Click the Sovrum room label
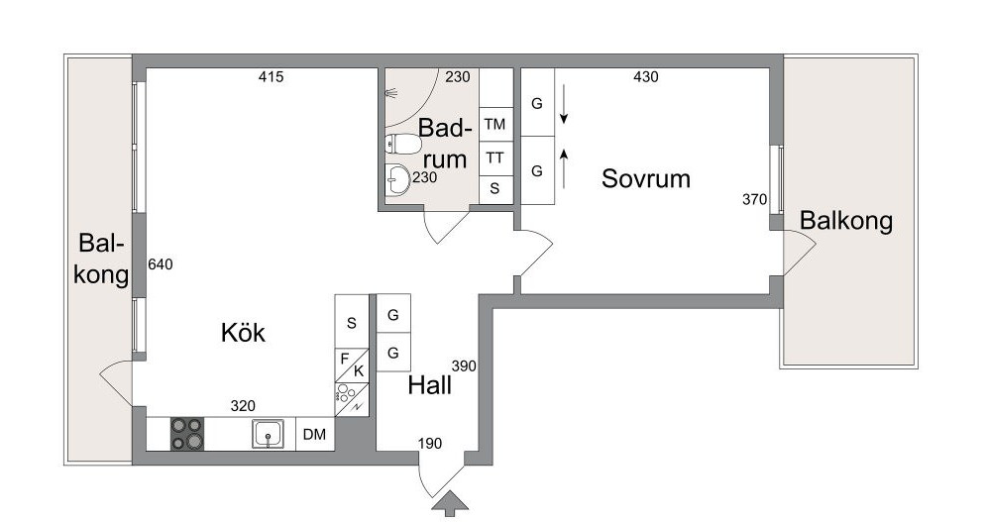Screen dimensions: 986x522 pos(646,178)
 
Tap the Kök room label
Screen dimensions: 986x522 pos(243,332)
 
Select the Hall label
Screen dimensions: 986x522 pos(429,385)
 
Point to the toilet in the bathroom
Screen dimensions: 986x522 pos(402,144)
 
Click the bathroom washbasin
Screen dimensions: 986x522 pos(396,180)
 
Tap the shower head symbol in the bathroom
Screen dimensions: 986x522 pos(391,94)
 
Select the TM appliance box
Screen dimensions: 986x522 pos(495,125)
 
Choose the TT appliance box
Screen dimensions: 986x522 pos(495,158)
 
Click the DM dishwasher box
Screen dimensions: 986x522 pos(314,434)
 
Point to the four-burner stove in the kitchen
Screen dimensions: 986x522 pos(187,434)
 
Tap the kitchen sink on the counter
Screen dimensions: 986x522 pos(268,434)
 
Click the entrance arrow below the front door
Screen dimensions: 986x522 pos(450,504)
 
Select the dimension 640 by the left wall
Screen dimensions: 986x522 pos(161,264)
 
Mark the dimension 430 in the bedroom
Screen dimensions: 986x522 pos(646,76)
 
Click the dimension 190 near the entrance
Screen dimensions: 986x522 pos(430,444)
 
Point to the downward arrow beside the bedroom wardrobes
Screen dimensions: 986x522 pos(564,104)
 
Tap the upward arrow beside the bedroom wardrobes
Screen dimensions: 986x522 pos(564,168)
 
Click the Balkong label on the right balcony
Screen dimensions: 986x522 pos(845,221)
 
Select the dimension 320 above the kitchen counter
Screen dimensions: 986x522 pos(243,406)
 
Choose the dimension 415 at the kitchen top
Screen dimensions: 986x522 pos(271,76)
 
